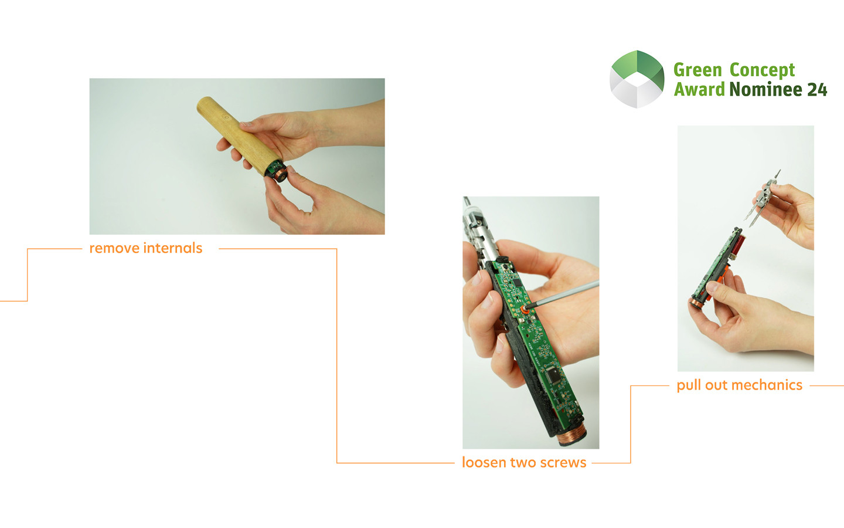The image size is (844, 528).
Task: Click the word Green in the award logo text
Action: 697,70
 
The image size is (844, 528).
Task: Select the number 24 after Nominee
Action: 817,89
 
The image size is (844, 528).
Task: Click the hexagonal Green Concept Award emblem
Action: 637,79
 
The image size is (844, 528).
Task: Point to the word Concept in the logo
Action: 762,71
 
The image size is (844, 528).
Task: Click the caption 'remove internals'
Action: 146,248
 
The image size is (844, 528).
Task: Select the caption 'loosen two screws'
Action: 524,462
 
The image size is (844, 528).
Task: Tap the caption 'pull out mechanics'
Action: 739,385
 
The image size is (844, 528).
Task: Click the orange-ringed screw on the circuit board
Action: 524,309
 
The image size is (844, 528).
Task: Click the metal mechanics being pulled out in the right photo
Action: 761,199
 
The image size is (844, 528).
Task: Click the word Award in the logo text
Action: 699,89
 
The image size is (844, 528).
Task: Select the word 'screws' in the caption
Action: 563,463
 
